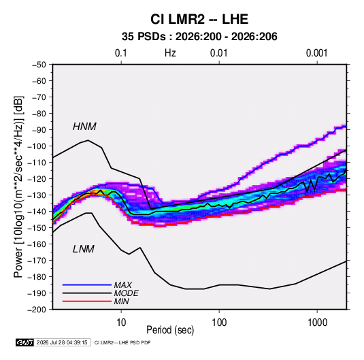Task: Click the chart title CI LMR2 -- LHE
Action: [199, 19]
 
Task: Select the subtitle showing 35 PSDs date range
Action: [199, 37]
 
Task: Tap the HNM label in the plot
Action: [84, 127]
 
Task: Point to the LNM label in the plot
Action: [84, 249]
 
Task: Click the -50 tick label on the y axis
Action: [39, 65]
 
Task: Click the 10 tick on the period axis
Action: [121, 323]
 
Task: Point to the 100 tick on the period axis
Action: [219, 323]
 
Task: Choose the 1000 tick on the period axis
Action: [317, 323]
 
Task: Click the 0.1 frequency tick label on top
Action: [121, 53]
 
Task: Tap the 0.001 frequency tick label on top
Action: [316, 53]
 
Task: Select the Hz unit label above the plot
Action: [170, 53]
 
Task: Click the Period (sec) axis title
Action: [170, 330]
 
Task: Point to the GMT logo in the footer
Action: [25, 342]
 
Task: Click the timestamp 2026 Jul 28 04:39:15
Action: [62, 342]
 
